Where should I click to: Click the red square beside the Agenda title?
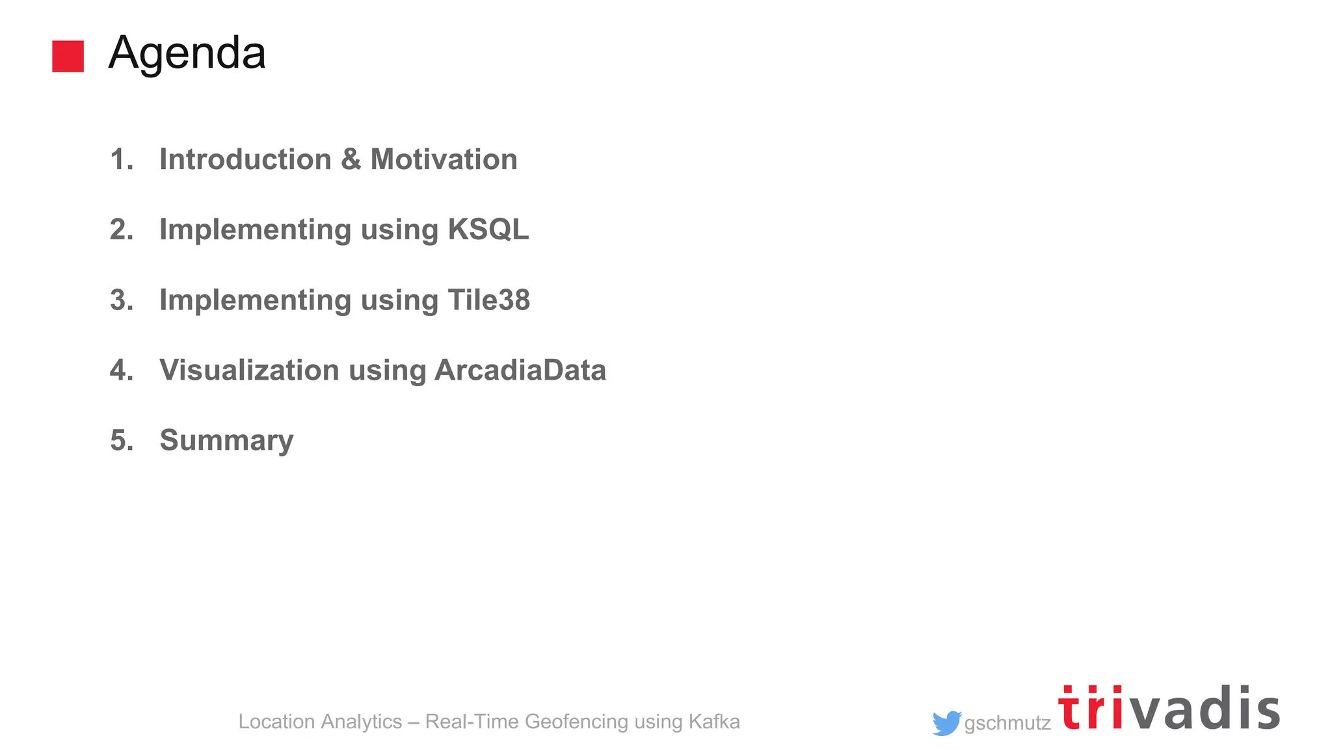tap(68, 56)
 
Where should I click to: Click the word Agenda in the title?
tap(187, 53)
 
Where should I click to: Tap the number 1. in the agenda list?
tap(122, 159)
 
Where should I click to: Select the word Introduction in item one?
tap(245, 159)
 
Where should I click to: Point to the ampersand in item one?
tap(351, 159)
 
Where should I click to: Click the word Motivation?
tap(444, 159)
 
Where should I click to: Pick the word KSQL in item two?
tap(488, 230)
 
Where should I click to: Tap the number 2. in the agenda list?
tap(122, 230)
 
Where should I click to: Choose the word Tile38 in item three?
tap(488, 300)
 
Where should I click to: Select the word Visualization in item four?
tap(249, 370)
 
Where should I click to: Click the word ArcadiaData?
tap(520, 370)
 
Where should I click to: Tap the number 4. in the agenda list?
tap(122, 370)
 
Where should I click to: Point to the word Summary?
tap(226, 441)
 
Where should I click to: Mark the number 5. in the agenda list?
tap(122, 440)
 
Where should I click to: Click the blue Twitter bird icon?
tap(946, 723)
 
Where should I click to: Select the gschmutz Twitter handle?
tap(1007, 723)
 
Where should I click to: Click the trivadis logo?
tap(1169, 709)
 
